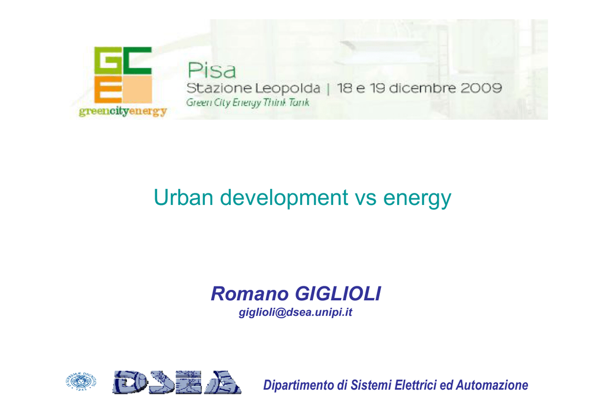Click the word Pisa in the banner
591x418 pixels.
pos(211,70)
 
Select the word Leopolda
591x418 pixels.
pos(287,88)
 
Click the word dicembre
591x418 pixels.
pos(422,88)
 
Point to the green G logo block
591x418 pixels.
pos(107,60)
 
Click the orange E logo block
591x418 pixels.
pos(108,89)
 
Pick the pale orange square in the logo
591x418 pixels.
pos(137,89)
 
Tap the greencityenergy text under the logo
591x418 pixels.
pos(123,112)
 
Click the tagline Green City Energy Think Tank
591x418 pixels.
pos(248,103)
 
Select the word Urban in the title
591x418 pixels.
pos(184,197)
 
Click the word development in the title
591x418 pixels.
pos(284,198)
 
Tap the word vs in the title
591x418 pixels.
pos(365,199)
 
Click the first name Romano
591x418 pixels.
pos(249,294)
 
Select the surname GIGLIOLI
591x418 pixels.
pos(338,294)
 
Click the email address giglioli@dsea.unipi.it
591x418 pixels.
pos(295,312)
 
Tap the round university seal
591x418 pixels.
pos(81,381)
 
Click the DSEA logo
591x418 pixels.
pos(177,382)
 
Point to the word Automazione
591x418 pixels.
pos(492,385)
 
